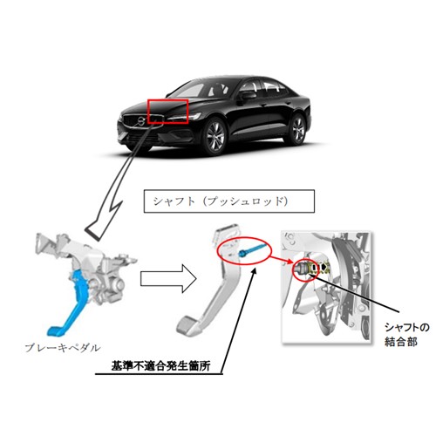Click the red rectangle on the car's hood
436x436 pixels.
148,112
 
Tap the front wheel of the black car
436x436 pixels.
215,136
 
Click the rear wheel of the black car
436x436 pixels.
297,130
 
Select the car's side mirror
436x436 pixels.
247,96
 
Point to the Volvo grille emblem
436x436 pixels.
141,120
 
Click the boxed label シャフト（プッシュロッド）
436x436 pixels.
229,201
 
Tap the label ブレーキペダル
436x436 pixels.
63,348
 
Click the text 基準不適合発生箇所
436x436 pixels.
160,366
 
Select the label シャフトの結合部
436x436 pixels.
406,334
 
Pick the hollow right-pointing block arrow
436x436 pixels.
168,278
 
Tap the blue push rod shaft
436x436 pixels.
251,249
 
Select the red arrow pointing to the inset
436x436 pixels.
282,259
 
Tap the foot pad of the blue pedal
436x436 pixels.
55,331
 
